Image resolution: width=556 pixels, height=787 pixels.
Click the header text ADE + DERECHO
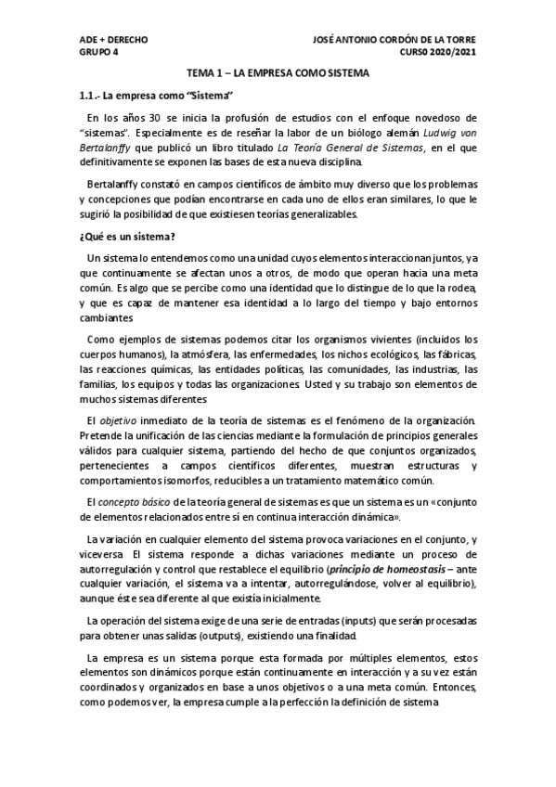[x=113, y=41]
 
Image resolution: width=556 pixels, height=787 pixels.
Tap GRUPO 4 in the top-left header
[x=99, y=52]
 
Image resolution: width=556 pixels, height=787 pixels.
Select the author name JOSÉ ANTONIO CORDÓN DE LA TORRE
[x=394, y=41]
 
